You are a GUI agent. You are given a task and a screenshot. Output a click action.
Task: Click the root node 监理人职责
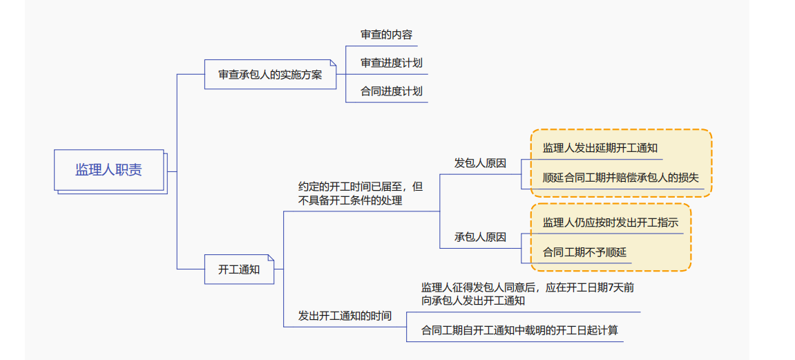109,170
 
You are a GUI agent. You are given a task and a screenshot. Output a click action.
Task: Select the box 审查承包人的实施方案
270,75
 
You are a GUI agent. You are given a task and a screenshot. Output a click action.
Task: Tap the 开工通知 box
239,269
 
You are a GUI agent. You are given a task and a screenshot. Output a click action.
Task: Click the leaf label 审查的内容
387,35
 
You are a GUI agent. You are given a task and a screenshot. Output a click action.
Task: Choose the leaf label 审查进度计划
391,63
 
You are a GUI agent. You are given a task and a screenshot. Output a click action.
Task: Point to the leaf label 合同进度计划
391,91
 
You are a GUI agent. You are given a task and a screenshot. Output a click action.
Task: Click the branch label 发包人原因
480,163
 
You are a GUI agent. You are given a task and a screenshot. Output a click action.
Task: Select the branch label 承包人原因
480,237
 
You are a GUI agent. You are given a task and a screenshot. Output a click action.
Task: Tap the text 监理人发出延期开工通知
600,148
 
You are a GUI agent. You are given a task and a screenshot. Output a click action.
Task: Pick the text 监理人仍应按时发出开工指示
610,222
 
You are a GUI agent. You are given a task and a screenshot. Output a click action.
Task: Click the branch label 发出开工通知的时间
345,316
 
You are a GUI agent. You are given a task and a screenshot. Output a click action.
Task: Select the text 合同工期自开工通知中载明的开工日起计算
519,330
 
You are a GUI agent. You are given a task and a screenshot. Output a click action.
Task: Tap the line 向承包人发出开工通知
473,301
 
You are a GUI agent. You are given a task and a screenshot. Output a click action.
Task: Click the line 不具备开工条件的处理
350,200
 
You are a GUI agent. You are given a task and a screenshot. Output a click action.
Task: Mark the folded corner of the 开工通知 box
271,258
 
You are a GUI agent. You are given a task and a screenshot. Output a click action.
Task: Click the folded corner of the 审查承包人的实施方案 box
332,63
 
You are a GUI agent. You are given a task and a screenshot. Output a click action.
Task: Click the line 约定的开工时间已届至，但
361,187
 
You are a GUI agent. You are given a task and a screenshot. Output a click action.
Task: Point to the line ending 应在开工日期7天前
528,287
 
